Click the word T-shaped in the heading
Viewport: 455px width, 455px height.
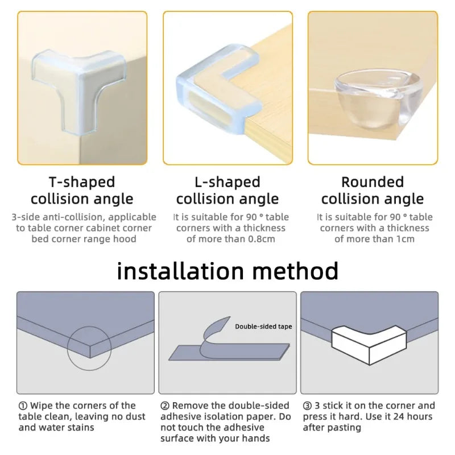point(81,182)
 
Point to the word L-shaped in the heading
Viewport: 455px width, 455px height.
point(227,182)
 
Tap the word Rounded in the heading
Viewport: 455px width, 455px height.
point(372,182)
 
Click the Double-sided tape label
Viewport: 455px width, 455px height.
point(263,326)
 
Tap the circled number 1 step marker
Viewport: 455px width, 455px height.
point(23,406)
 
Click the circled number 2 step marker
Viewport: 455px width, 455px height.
point(165,406)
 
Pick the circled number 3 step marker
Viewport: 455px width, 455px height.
point(307,406)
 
